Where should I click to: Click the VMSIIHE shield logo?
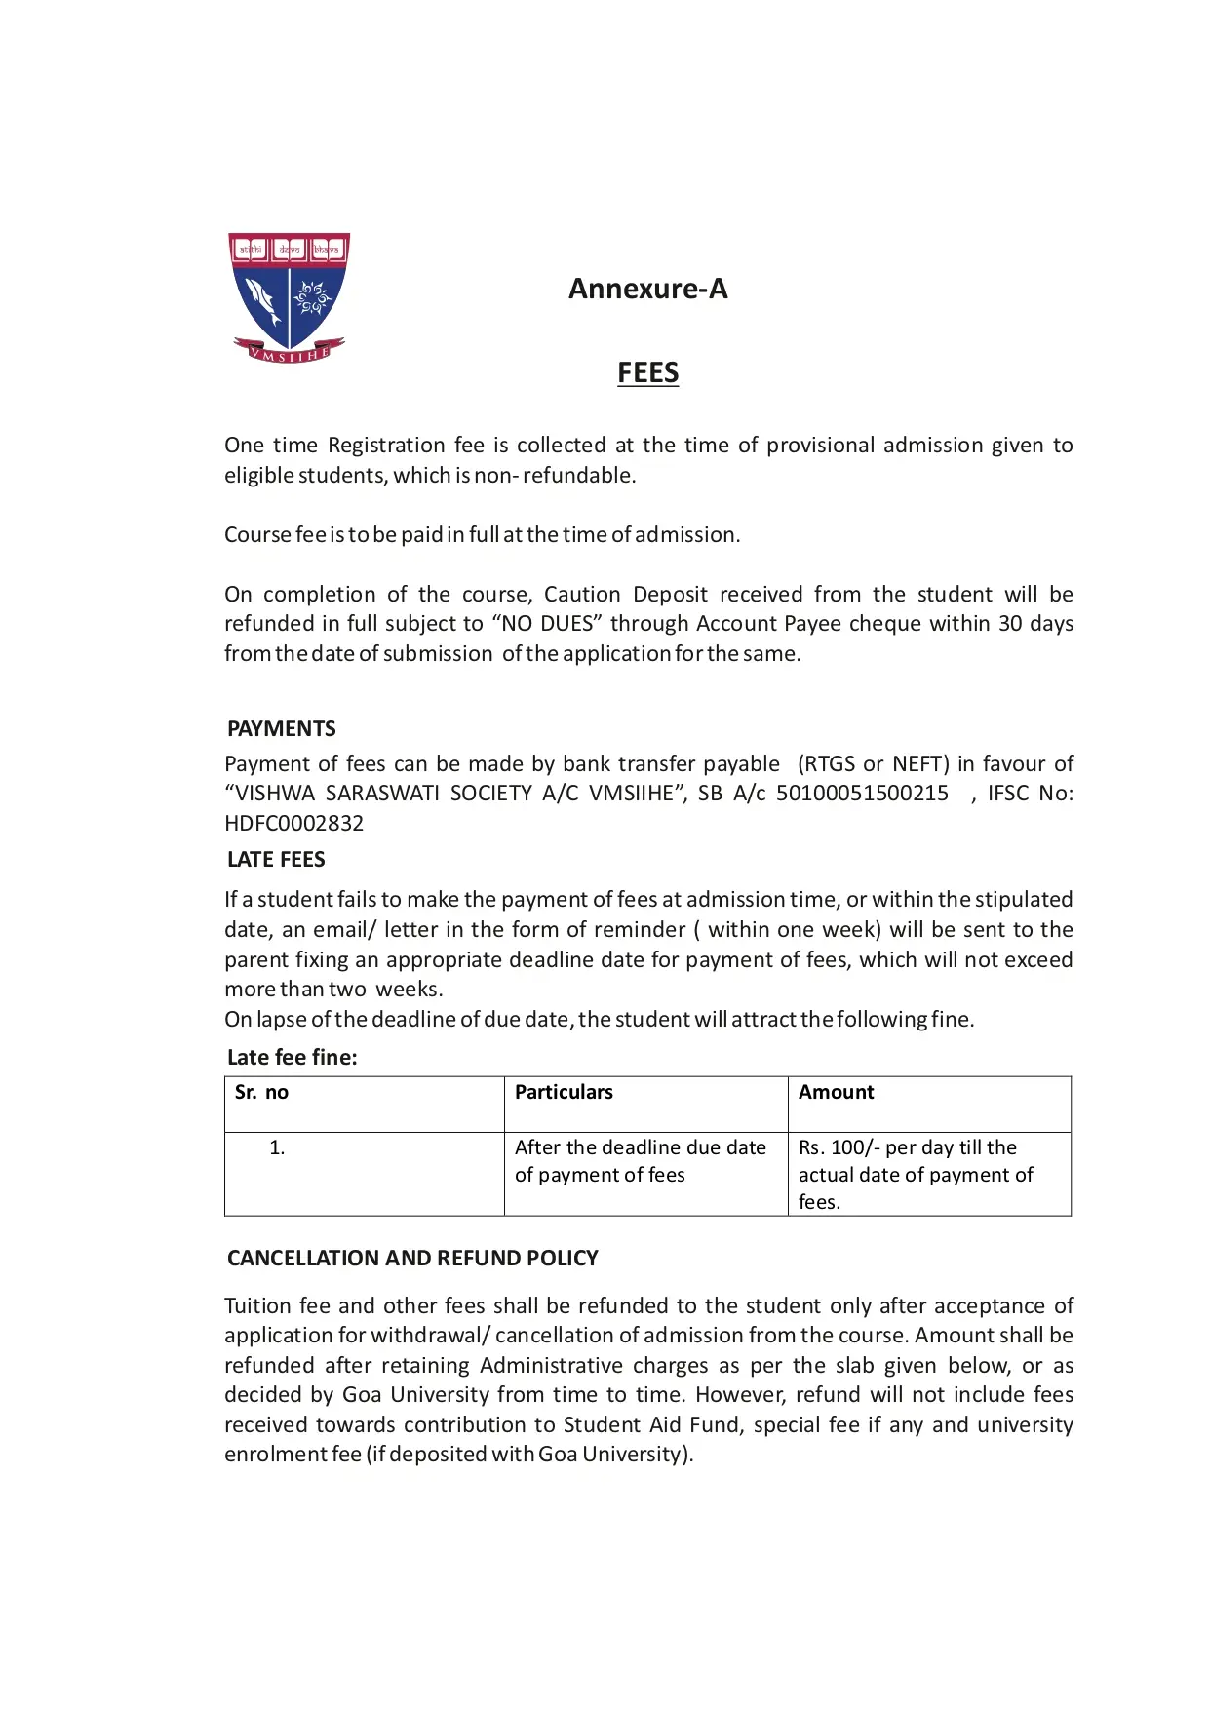pos(289,297)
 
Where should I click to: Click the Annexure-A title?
pos(647,289)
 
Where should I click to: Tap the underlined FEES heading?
pos(647,372)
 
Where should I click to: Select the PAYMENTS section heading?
pos(281,728)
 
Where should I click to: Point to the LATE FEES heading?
pos(276,859)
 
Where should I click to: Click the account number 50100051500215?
pos(862,793)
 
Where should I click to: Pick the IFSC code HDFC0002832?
pos(293,823)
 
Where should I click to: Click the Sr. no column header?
pos(261,1092)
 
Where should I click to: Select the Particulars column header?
pos(564,1092)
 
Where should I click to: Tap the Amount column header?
pos(836,1092)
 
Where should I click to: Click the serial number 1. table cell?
pos(277,1147)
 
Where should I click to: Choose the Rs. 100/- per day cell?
pos(915,1174)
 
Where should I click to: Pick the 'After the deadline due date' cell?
pos(640,1161)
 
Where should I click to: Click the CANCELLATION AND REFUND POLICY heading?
pos(412,1258)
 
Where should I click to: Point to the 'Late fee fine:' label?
pos(292,1057)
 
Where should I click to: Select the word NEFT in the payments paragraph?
pos(919,763)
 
